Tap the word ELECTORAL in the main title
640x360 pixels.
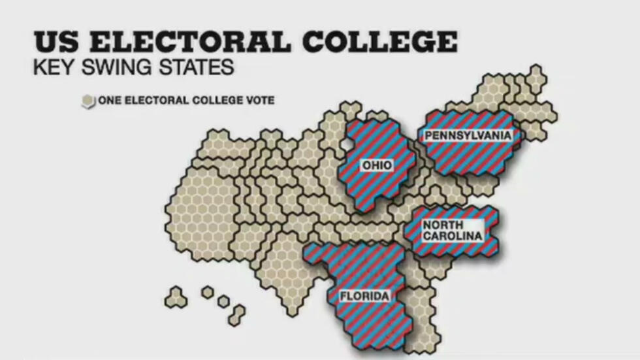coord(190,42)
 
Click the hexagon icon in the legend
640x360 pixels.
coord(88,101)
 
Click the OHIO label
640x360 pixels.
coord(377,165)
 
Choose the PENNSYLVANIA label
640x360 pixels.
coord(468,135)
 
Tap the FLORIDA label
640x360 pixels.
coord(364,297)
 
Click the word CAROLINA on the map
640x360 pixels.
coord(452,236)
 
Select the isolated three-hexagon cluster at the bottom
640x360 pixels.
coord(176,297)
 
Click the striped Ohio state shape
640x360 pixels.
coord(379,189)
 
